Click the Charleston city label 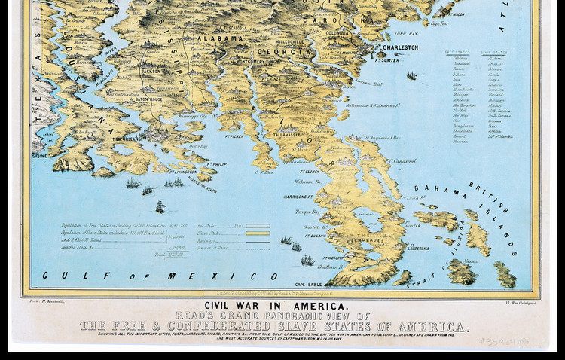(400, 47)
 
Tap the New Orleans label (127, 139)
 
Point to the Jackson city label (151, 72)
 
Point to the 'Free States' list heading (457, 52)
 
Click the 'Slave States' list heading (493, 52)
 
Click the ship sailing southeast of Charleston (412, 75)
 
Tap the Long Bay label (405, 34)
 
